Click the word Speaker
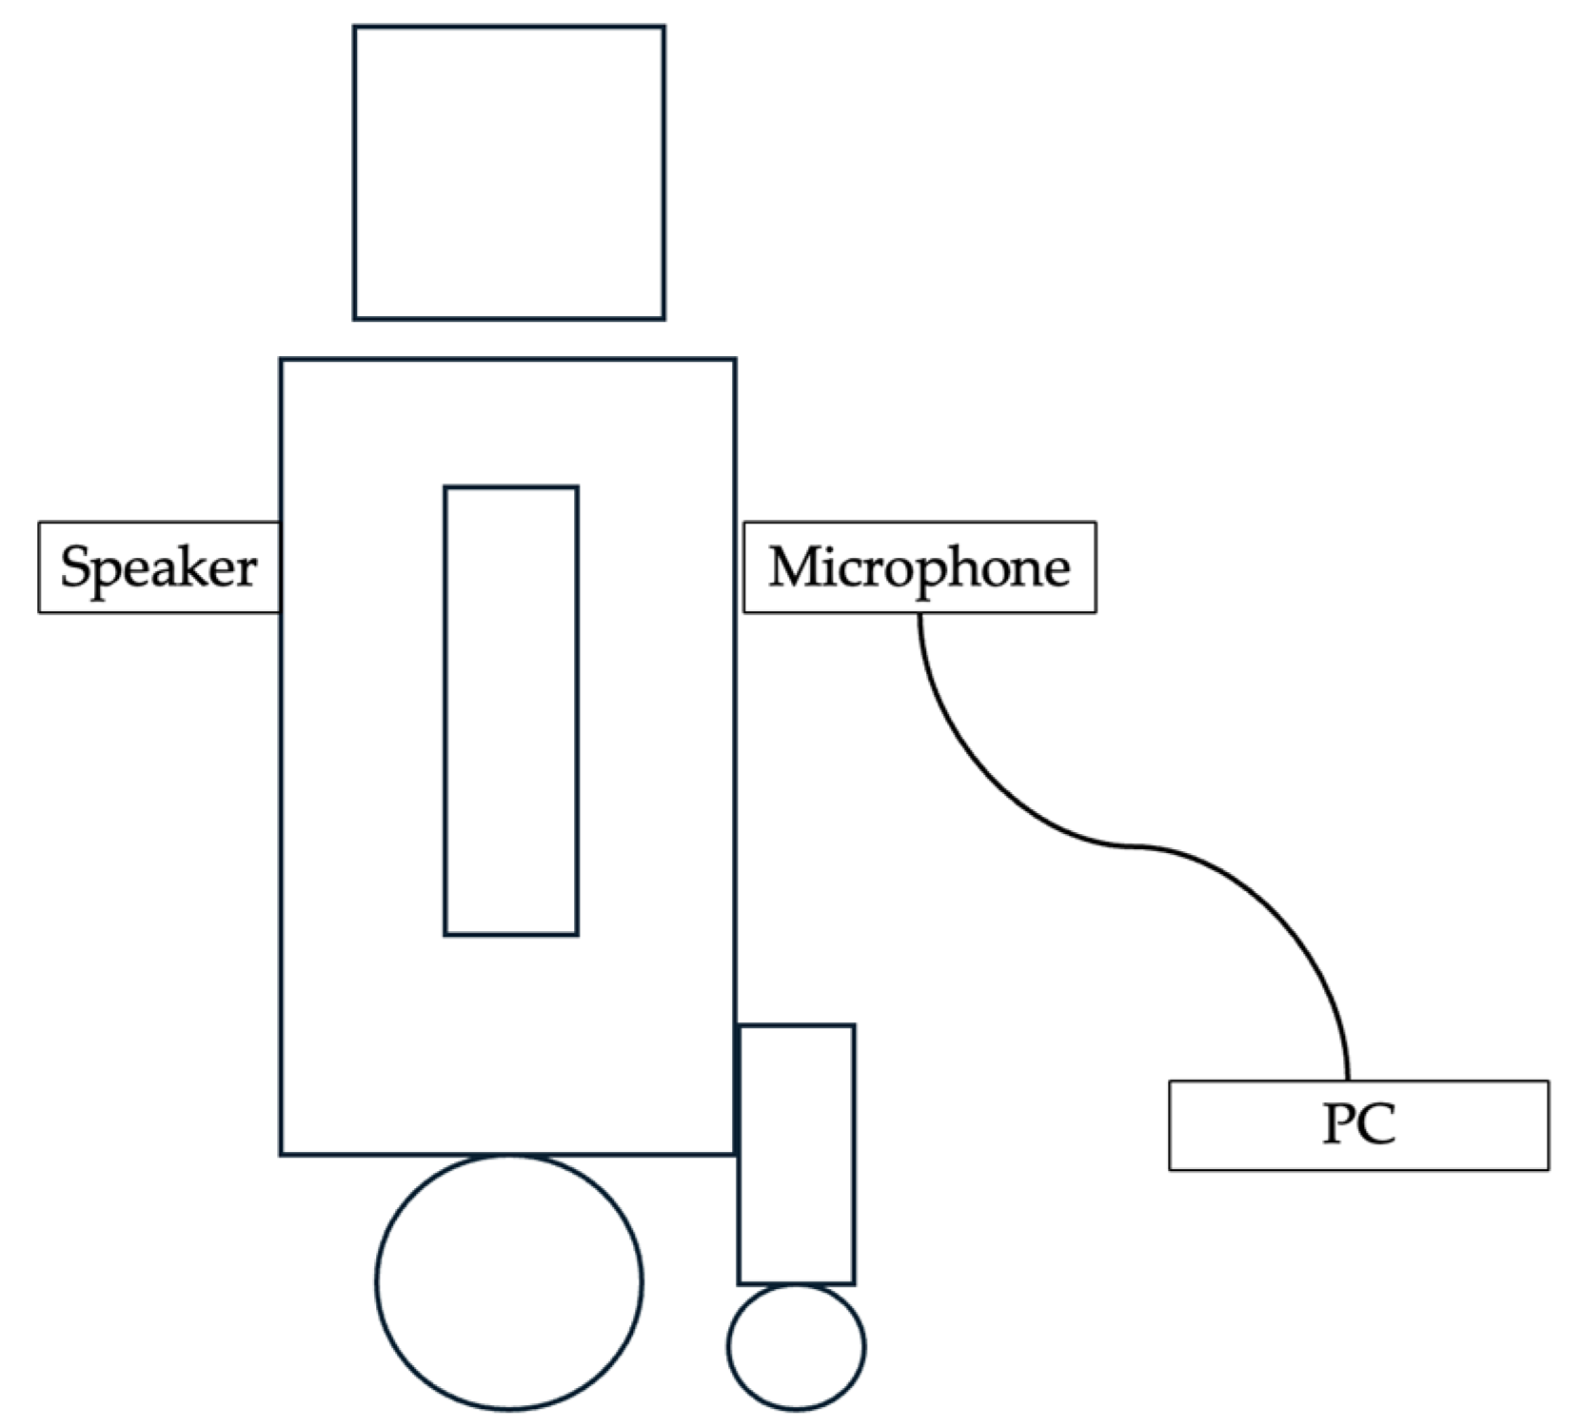click(x=158, y=567)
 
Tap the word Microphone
click(x=919, y=567)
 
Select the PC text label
click(x=1358, y=1124)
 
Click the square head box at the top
click(x=508, y=172)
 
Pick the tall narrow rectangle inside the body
click(x=511, y=710)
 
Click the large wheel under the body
click(x=508, y=1281)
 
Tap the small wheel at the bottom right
click(x=796, y=1346)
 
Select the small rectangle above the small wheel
click(x=797, y=1154)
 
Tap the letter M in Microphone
click(x=794, y=567)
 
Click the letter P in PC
click(x=1338, y=1124)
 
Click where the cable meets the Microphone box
click(x=919, y=614)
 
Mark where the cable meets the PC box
click(x=1348, y=1079)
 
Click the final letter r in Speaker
click(x=247, y=571)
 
